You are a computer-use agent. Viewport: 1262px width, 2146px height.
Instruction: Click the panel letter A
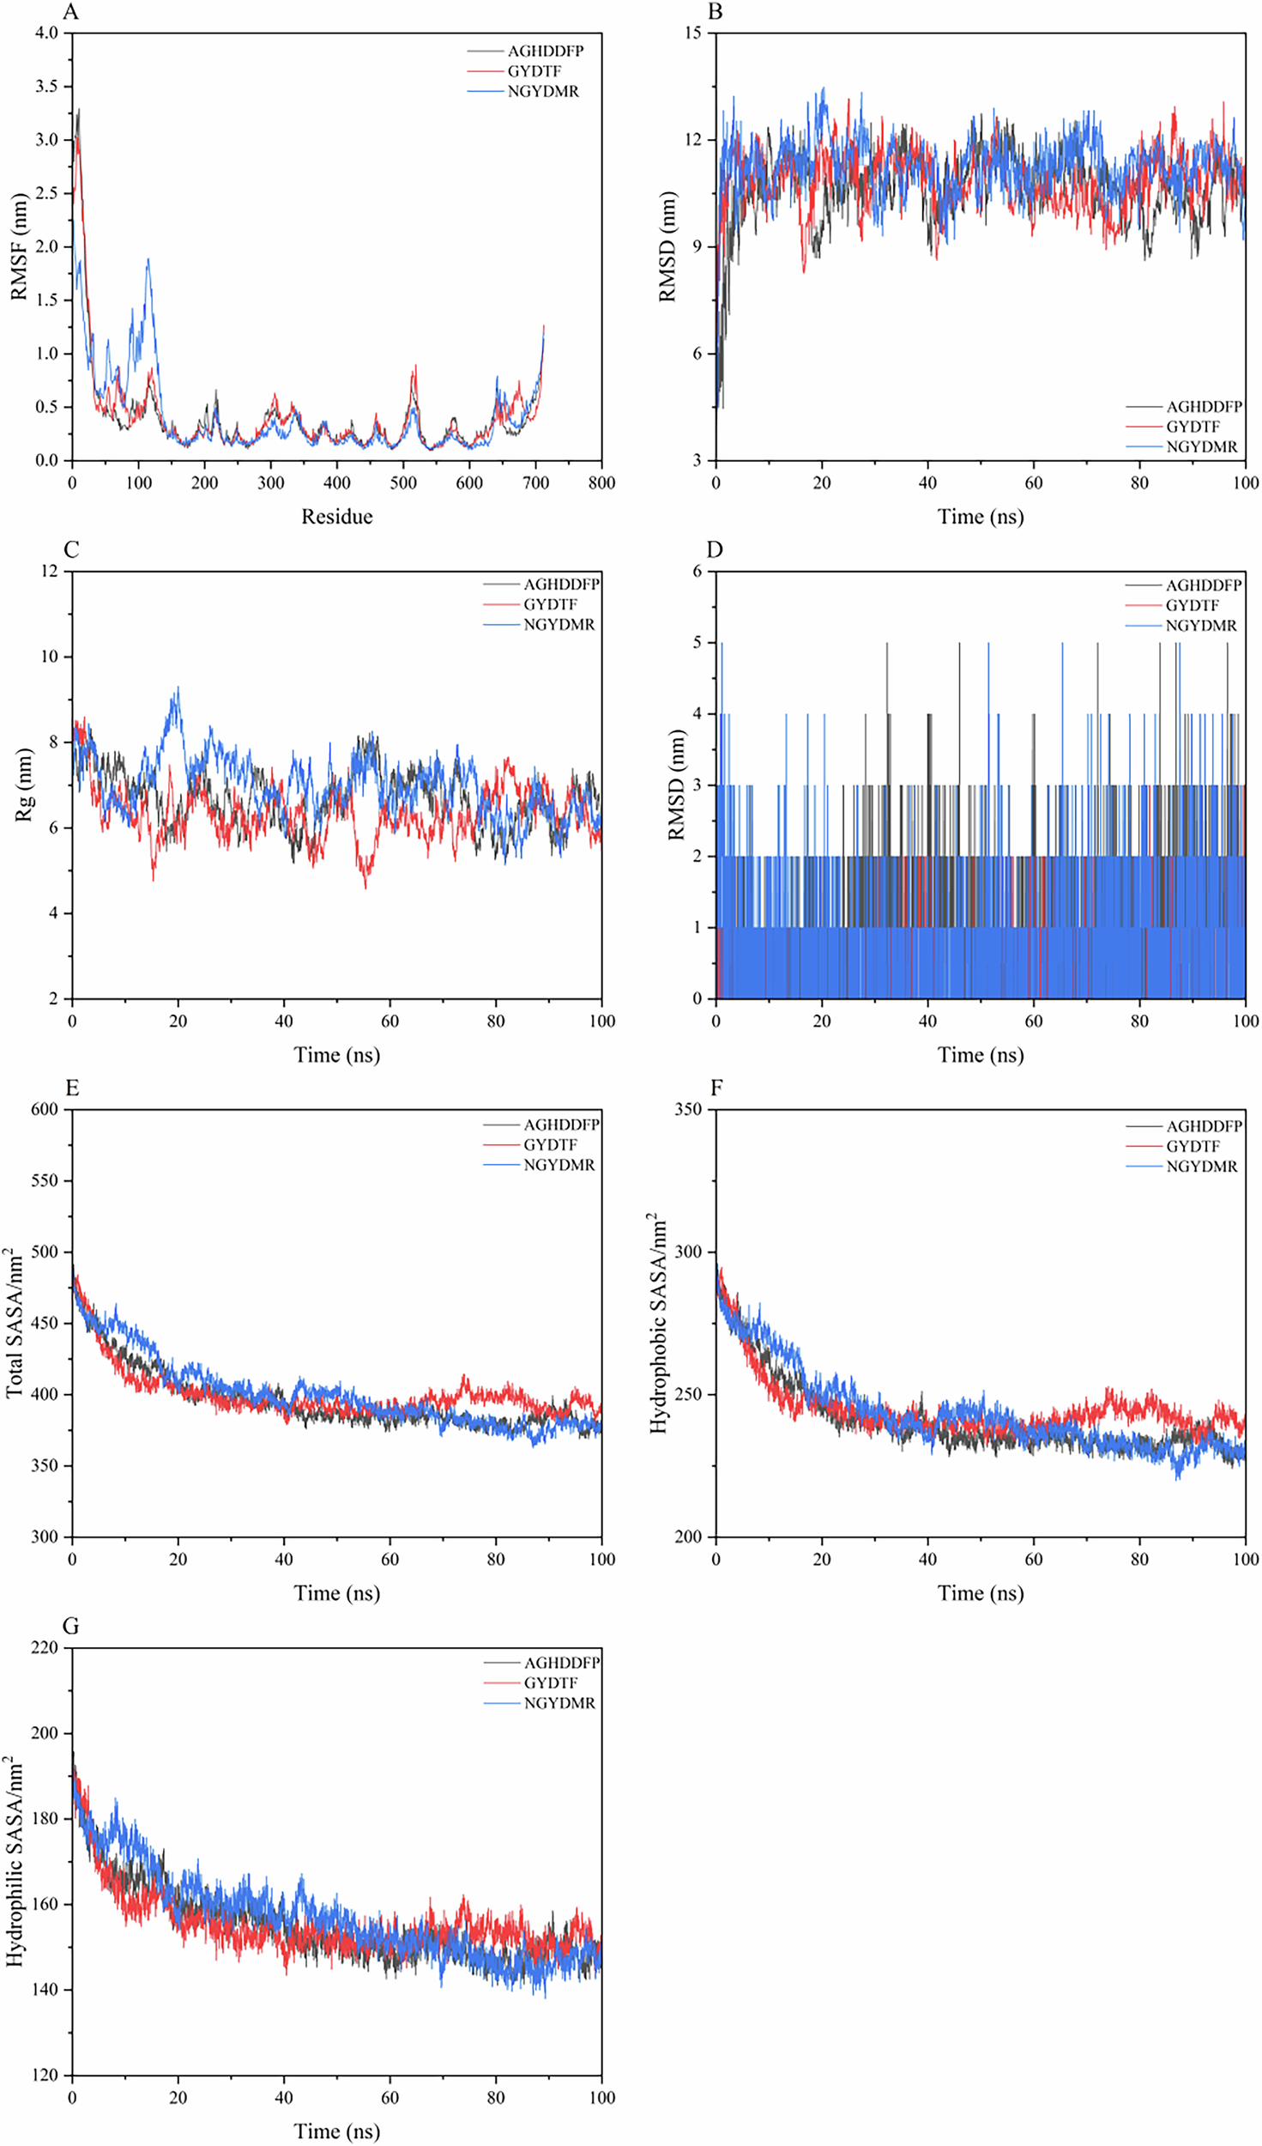(x=71, y=12)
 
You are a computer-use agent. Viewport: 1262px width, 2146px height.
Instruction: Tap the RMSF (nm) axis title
(x=19, y=246)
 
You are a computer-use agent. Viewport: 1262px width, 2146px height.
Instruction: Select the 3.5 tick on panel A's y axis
(x=46, y=87)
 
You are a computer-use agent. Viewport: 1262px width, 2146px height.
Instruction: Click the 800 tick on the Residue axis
(x=601, y=483)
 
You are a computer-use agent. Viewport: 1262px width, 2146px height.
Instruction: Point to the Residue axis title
(x=336, y=517)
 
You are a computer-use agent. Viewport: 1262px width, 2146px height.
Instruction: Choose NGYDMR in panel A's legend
(x=543, y=92)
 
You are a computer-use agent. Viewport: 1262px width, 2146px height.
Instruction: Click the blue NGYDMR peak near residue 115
(x=148, y=259)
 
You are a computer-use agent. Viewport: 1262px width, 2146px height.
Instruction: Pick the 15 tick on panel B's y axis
(x=692, y=33)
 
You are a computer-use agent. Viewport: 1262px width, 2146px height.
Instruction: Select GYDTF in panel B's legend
(x=1193, y=427)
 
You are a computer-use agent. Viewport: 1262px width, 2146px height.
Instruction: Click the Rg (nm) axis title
(x=24, y=785)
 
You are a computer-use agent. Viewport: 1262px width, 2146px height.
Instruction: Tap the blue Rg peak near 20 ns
(x=178, y=688)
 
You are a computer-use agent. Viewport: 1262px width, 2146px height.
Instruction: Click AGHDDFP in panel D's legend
(x=1203, y=585)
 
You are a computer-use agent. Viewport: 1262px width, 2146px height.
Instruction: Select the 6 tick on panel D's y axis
(x=697, y=572)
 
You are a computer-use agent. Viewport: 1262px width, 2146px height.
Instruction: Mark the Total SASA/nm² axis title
(x=15, y=1323)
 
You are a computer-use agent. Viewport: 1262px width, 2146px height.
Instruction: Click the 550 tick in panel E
(x=45, y=1181)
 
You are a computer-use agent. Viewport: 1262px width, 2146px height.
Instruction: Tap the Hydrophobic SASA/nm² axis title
(x=658, y=1323)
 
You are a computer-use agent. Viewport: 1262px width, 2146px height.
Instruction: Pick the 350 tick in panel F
(x=688, y=1110)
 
